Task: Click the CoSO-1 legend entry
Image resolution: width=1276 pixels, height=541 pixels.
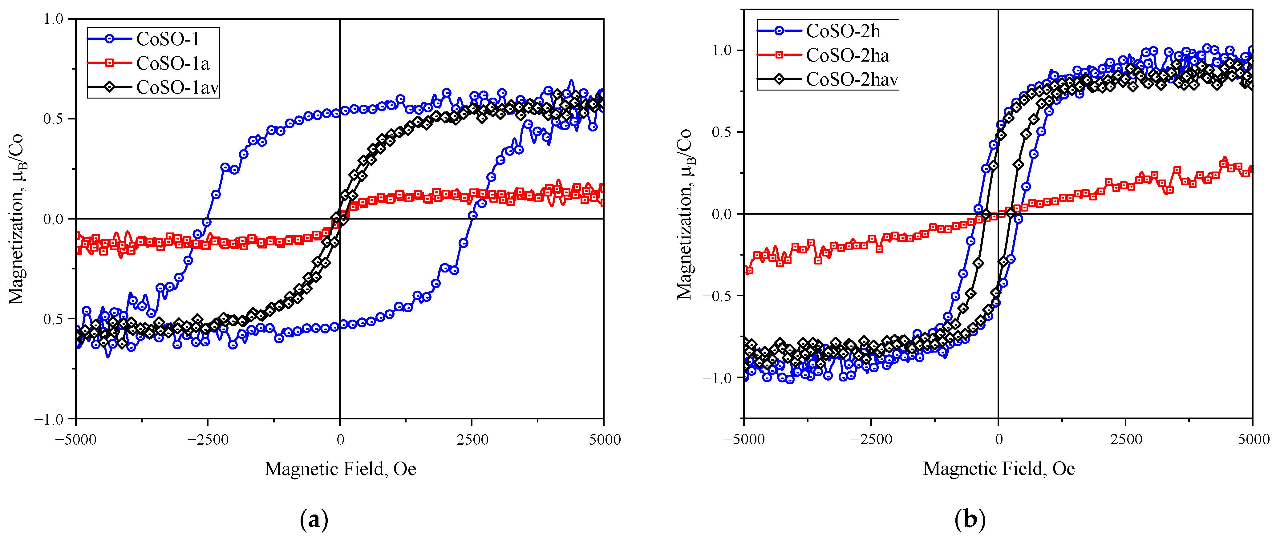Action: [168, 39]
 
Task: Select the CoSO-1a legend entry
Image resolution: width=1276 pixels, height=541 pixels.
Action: [172, 63]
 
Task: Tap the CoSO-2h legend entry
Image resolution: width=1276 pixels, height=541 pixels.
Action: [843, 31]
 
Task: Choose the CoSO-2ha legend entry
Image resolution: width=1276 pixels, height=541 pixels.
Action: [848, 55]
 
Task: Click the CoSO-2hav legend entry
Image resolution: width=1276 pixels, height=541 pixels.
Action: [852, 79]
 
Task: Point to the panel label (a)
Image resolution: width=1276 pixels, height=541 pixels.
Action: [314, 520]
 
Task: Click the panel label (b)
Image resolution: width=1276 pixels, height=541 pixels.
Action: [969, 520]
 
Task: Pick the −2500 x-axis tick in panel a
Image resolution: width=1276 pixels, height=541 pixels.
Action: [208, 439]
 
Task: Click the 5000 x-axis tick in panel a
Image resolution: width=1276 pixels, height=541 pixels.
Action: [604, 439]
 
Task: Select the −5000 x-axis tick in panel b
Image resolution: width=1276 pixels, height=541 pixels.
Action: [744, 439]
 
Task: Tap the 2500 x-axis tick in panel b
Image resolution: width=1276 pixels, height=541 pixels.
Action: [1126, 439]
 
